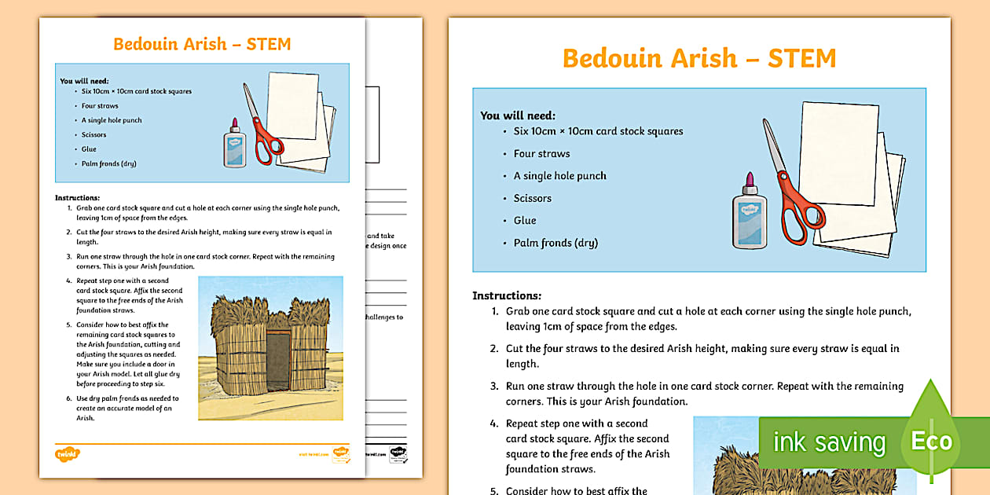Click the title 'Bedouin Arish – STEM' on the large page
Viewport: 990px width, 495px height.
tap(699, 58)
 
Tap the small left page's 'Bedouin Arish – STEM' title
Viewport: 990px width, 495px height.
tap(202, 44)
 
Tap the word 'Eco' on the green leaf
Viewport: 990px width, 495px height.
tap(931, 441)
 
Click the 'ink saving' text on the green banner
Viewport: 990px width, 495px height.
tap(829, 442)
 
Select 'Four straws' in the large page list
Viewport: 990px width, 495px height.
tap(541, 153)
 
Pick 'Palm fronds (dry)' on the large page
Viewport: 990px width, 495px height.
tap(555, 243)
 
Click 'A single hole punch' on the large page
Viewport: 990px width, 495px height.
tap(559, 176)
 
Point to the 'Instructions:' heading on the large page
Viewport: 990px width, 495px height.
tap(507, 295)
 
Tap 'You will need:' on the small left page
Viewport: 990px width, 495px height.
tap(84, 80)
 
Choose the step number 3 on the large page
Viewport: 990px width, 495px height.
tap(495, 387)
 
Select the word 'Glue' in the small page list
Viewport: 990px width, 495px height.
tap(89, 149)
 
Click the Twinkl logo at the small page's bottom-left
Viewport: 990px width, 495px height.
tap(68, 453)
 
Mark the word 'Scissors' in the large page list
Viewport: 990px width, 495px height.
tap(533, 198)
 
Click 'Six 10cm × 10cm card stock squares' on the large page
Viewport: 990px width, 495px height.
tap(598, 131)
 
